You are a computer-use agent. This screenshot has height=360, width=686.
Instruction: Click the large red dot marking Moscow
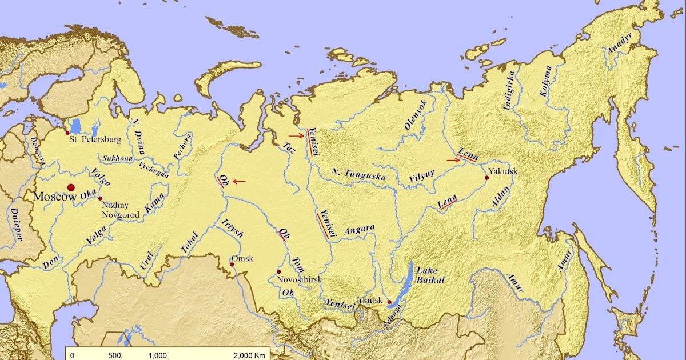pyautogui.click(x=71, y=187)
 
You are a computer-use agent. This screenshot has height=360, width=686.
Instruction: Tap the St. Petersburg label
pyautogui.click(x=95, y=139)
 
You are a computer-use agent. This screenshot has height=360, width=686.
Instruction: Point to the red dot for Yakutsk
pyautogui.click(x=487, y=178)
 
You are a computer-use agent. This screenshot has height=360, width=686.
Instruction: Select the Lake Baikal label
pyautogui.click(x=430, y=275)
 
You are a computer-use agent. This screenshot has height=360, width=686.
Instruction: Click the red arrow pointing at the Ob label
pyautogui.click(x=239, y=182)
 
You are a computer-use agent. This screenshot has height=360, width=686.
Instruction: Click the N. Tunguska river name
pyautogui.click(x=359, y=174)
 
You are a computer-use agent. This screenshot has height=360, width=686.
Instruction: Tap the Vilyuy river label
pyautogui.click(x=421, y=177)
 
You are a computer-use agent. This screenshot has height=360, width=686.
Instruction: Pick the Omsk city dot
pyautogui.click(x=232, y=265)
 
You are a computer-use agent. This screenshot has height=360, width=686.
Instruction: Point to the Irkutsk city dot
pyautogui.click(x=389, y=302)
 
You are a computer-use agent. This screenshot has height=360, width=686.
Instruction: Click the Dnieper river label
pyautogui.click(x=15, y=225)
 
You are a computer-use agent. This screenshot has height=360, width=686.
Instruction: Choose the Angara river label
pyautogui.click(x=360, y=230)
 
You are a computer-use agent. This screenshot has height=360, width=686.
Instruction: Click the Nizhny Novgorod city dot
pyautogui.click(x=100, y=198)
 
